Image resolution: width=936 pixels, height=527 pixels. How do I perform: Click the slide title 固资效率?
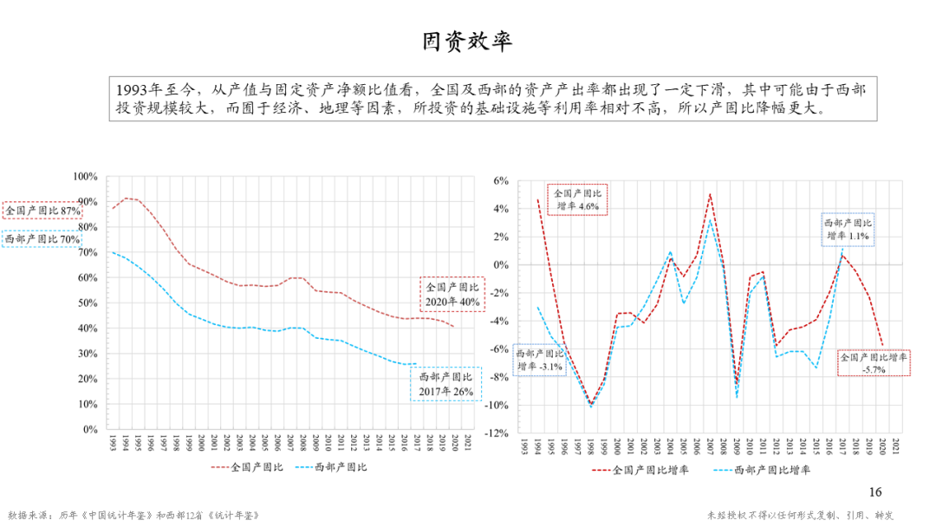click(467, 42)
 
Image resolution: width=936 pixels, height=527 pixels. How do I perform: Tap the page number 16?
click(874, 492)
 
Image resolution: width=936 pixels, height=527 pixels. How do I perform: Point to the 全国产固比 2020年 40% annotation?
click(452, 295)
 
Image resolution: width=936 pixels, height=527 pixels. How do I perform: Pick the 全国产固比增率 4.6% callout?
click(577, 199)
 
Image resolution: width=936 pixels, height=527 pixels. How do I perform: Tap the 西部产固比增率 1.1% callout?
click(848, 229)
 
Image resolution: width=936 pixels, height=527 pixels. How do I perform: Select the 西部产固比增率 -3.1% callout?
click(540, 361)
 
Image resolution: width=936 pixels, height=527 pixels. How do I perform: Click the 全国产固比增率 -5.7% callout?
click(874, 362)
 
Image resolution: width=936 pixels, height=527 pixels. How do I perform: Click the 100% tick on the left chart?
click(85, 176)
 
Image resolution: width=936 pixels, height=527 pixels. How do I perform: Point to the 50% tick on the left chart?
click(88, 303)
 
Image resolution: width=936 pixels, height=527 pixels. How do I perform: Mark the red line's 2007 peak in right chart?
click(710, 194)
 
